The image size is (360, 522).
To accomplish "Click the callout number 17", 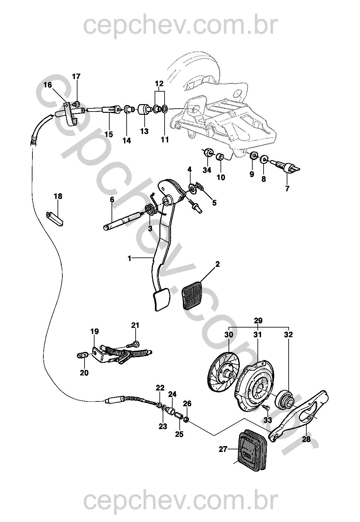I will [x=76, y=76].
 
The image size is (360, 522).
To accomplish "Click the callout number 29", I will [x=258, y=320].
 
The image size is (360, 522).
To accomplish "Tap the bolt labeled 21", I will [x=132, y=344].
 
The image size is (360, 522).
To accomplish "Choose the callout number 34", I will [x=207, y=170].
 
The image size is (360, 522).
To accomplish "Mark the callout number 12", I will [x=159, y=84].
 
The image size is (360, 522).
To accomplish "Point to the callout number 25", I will [x=179, y=434].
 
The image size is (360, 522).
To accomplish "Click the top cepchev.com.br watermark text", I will [x=180, y=26].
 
